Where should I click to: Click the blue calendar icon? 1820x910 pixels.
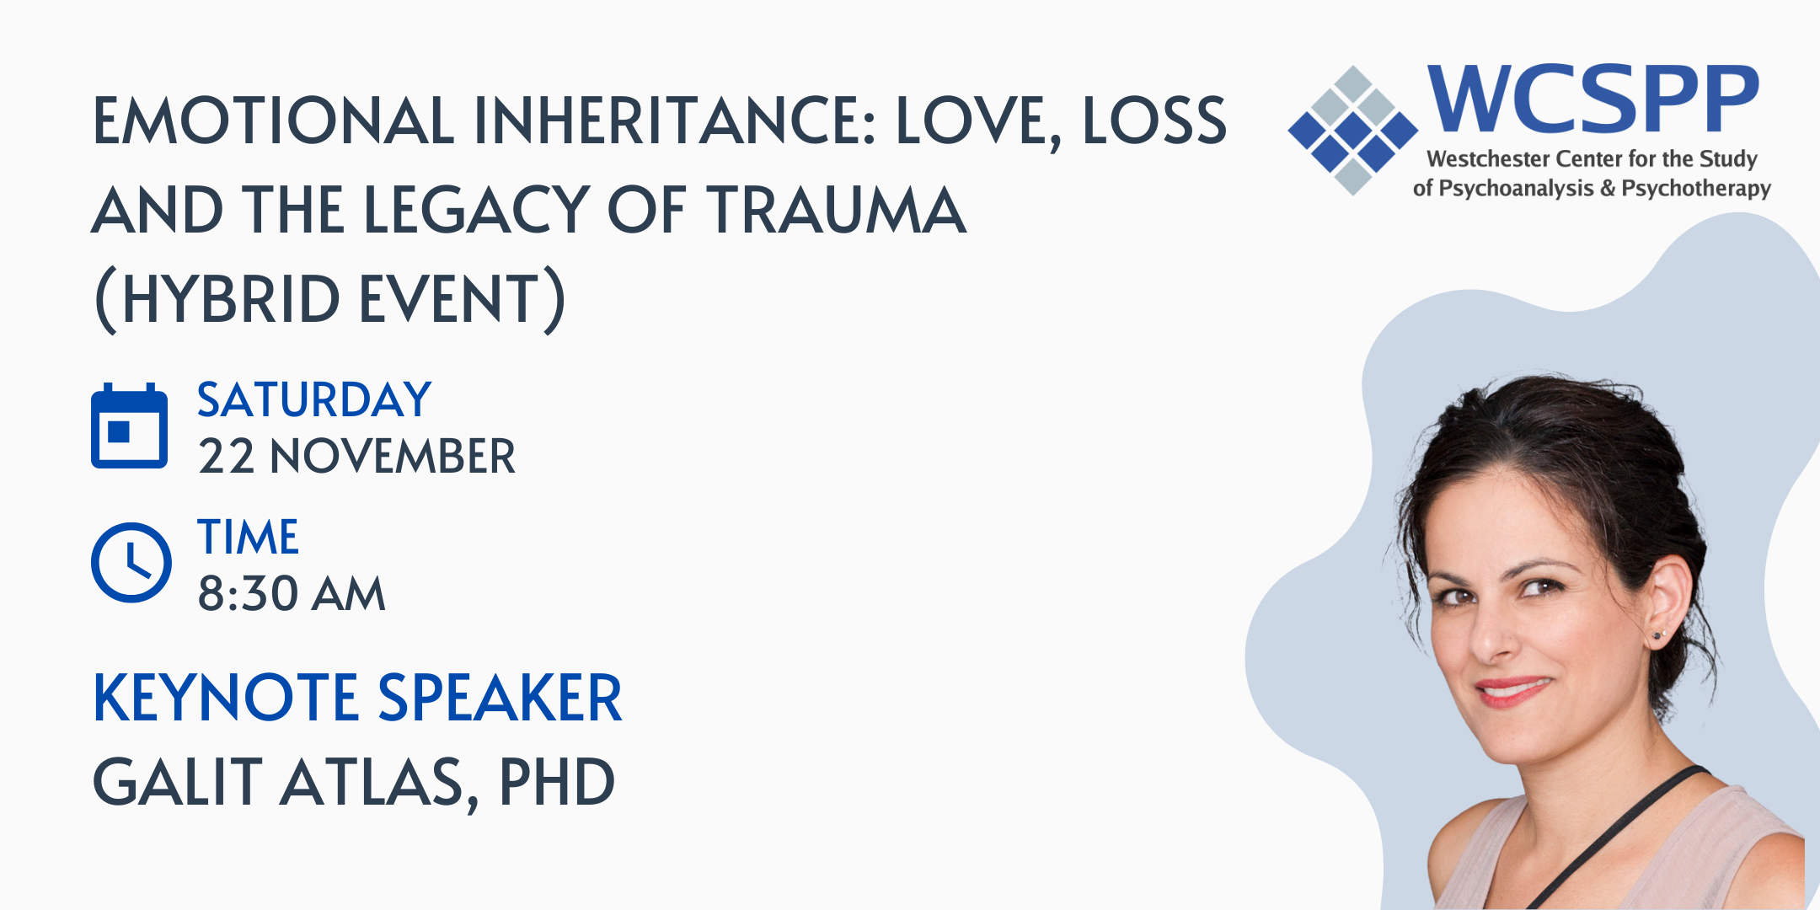coord(129,426)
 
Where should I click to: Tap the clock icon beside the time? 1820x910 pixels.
coord(131,563)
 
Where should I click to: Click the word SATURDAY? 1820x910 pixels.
coord(314,399)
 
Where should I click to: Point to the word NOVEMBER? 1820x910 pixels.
coord(393,457)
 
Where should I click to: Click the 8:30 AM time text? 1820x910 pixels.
coord(292,593)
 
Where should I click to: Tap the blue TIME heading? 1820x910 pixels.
coord(248,537)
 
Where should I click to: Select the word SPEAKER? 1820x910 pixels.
coord(500,698)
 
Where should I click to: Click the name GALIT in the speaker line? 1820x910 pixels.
coord(178,782)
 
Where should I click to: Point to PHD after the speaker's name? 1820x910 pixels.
coord(557,782)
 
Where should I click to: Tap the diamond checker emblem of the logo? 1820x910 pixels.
coord(1353,131)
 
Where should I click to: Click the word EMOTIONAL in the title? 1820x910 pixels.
coord(273,120)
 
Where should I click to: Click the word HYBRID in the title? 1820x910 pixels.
coord(231,299)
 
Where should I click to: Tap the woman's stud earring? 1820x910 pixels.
coord(1659,634)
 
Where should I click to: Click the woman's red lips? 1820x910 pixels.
coord(1514,690)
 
